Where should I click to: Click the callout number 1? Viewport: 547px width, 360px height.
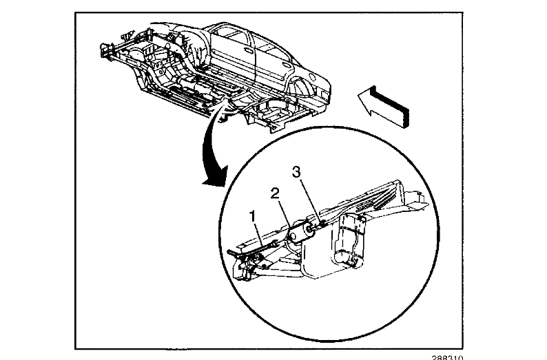(254, 216)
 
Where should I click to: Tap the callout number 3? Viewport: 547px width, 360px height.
(296, 172)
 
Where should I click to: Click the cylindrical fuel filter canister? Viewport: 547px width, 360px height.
(301, 235)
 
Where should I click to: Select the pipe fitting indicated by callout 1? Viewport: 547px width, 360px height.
(274, 243)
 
